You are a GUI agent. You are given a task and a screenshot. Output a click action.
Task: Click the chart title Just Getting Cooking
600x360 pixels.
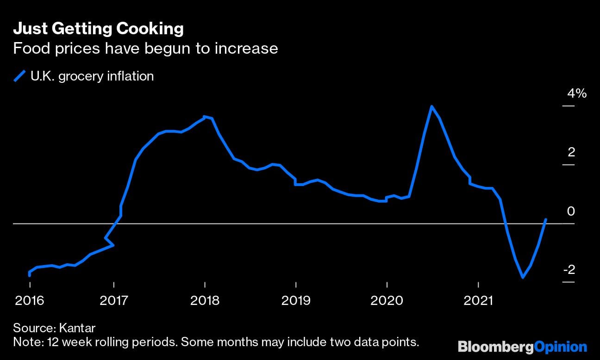(x=98, y=29)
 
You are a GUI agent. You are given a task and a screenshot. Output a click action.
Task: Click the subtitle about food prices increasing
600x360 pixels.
(x=145, y=48)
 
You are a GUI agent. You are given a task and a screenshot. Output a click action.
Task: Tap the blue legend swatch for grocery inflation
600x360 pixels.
(x=20, y=76)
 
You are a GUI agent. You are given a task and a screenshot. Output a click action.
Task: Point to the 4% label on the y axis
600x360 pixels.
(x=577, y=93)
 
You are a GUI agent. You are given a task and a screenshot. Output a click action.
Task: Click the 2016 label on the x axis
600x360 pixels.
(x=30, y=301)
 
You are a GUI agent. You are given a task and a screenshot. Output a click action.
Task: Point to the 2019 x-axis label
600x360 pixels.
(x=295, y=301)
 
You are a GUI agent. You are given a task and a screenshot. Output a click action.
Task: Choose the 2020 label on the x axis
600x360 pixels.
(x=387, y=301)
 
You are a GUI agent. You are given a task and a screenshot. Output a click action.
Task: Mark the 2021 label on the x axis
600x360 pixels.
(x=478, y=301)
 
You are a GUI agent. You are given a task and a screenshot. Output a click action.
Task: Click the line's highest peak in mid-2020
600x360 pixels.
(x=431, y=106)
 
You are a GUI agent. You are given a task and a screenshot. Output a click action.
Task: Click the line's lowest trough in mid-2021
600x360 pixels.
(x=523, y=278)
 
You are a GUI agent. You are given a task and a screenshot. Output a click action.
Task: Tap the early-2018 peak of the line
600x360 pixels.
(x=205, y=117)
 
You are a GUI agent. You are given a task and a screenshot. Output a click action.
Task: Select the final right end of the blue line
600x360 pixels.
(x=546, y=220)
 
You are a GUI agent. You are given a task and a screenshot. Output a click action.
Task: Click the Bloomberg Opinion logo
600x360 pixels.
(x=522, y=347)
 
